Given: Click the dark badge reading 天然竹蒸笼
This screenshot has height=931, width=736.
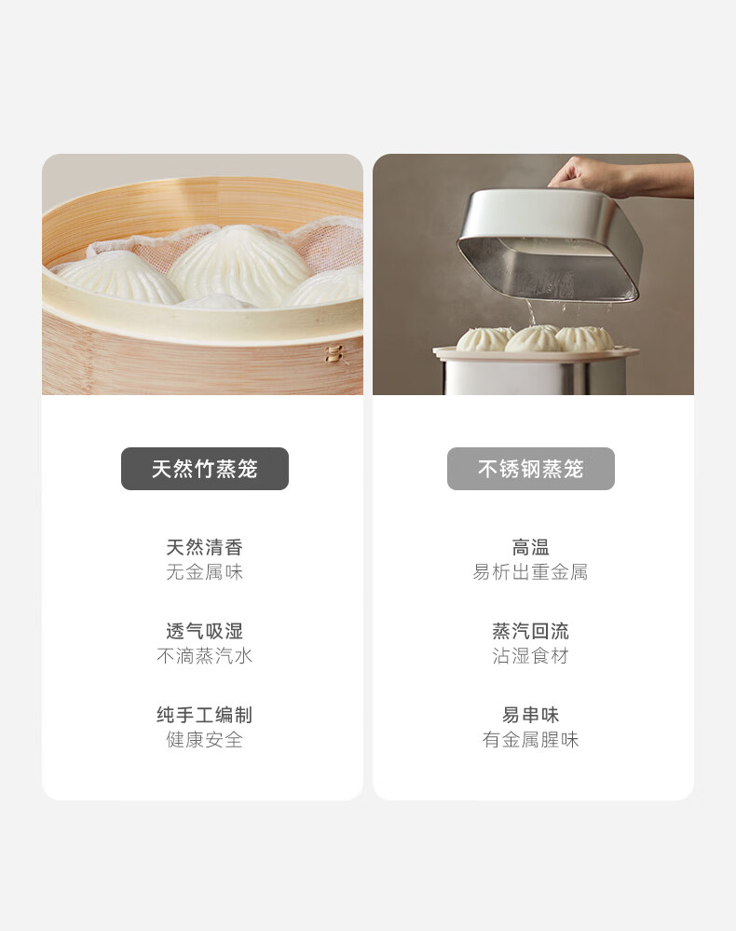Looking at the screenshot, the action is pyautogui.click(x=205, y=469).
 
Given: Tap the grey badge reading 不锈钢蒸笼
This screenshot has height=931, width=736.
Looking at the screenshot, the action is pyautogui.click(x=531, y=469).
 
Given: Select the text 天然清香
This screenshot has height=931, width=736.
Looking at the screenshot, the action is pyautogui.click(x=205, y=547).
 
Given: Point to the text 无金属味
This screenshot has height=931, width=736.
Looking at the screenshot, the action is pyautogui.click(x=205, y=572).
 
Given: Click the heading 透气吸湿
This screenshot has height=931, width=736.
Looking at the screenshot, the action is pyautogui.click(x=205, y=631).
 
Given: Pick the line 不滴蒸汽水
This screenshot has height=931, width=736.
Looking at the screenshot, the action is pyautogui.click(x=205, y=655).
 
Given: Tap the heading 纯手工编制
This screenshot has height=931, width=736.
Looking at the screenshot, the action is pyautogui.click(x=205, y=714).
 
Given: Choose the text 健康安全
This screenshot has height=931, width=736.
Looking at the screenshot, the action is pyautogui.click(x=205, y=739).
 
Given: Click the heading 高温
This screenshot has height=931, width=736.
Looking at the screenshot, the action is pyautogui.click(x=531, y=547).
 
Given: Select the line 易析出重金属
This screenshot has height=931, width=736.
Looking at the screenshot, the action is pyautogui.click(x=531, y=572).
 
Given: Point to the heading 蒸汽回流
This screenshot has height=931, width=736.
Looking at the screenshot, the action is pyautogui.click(x=531, y=631).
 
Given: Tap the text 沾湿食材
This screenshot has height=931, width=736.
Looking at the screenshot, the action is pyautogui.click(x=531, y=655).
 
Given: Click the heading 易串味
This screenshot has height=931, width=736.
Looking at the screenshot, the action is pyautogui.click(x=531, y=714).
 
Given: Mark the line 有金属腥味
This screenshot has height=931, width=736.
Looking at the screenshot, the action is pyautogui.click(x=531, y=739).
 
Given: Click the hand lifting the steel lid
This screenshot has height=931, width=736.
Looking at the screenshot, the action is pyautogui.click(x=618, y=176).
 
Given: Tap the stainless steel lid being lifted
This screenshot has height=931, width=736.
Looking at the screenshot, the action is pyautogui.click(x=549, y=243).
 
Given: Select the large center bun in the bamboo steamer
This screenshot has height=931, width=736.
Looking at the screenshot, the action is pyautogui.click(x=240, y=265).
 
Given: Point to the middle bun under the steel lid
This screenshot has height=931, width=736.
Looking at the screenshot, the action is pyautogui.click(x=531, y=339).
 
